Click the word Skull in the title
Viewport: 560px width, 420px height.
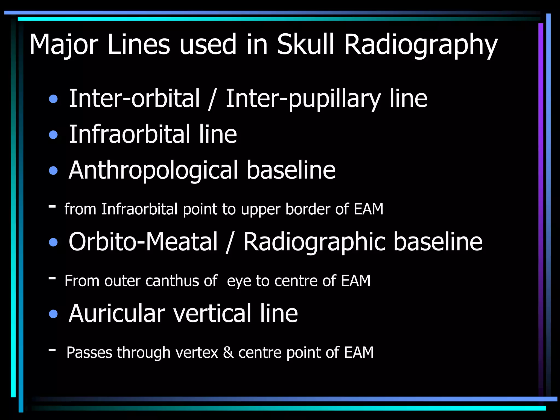point(305,44)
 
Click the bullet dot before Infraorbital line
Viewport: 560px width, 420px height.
point(53,135)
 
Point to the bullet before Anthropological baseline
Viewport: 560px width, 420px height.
point(53,171)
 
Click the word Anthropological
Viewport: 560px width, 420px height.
point(153,171)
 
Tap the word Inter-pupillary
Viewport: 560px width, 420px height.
point(303,99)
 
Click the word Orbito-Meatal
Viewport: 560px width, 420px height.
point(143,242)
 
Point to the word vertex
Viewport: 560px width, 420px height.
point(197,352)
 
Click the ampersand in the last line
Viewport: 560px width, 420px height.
point(228,352)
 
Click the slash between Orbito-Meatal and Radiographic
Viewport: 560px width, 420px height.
point(229,242)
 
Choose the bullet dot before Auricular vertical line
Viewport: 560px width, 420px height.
point(53,314)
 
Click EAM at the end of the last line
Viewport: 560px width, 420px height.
point(359,352)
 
